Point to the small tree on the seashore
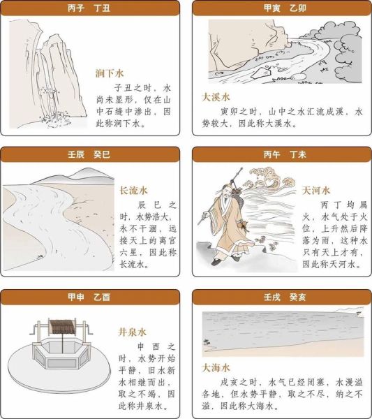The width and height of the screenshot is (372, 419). click(x=206, y=341)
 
